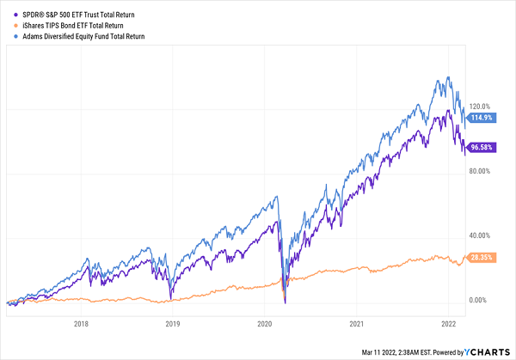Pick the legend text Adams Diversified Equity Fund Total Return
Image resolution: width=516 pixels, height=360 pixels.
tap(83, 37)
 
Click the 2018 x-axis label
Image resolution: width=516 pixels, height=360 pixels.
tap(81, 324)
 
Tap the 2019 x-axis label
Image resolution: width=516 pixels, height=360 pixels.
tap(172, 324)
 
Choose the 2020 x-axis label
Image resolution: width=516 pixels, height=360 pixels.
tap(264, 324)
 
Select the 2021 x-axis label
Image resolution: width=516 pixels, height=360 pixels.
tap(356, 324)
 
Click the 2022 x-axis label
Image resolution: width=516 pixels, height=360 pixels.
tap(447, 324)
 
